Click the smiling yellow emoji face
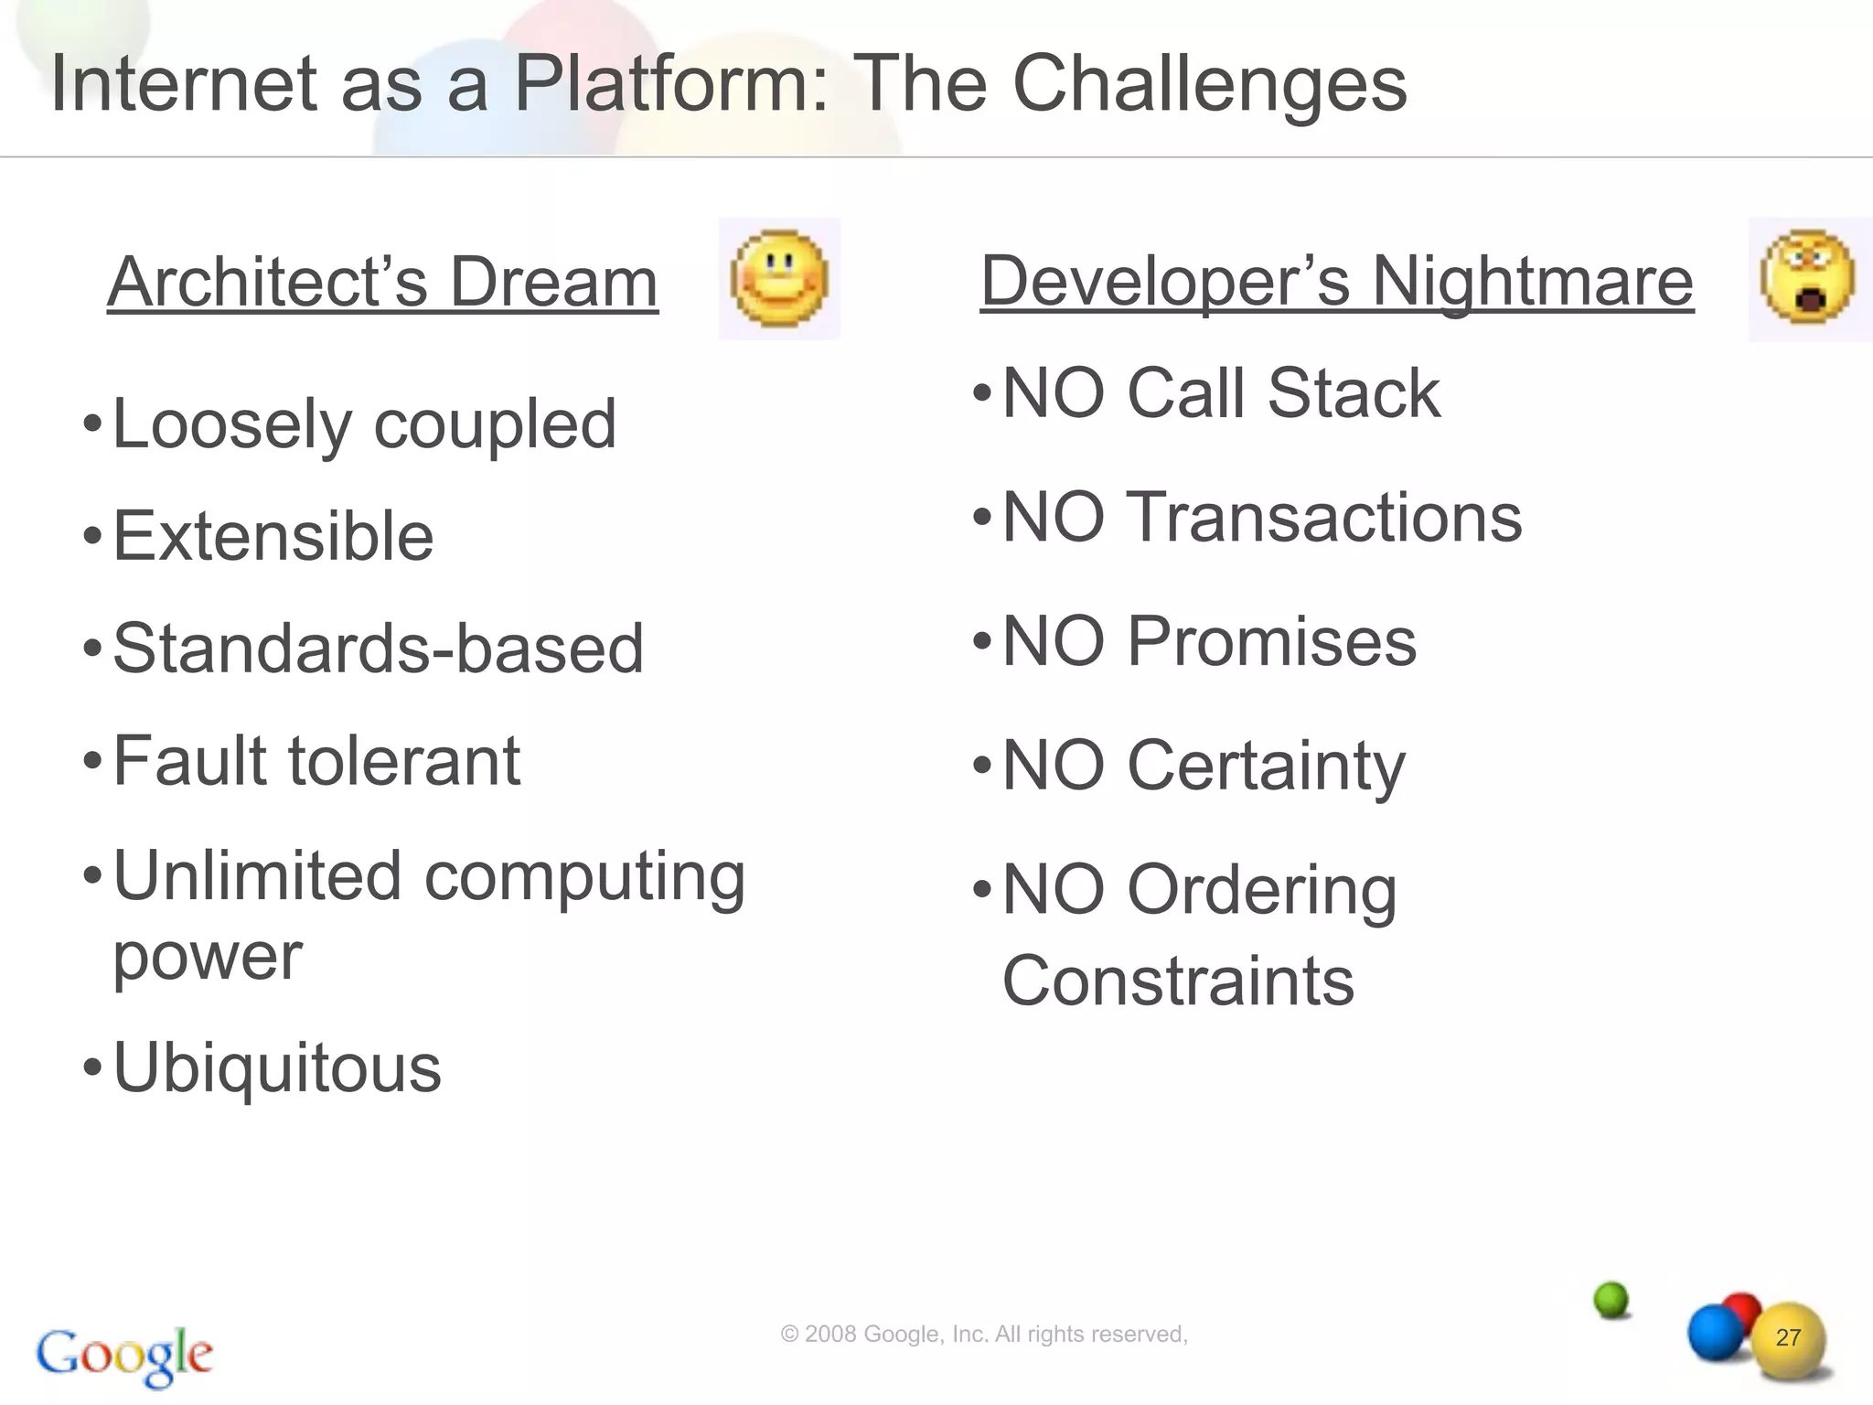779,279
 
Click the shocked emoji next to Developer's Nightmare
1808,277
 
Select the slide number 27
1788,1337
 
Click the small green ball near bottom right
1611,1299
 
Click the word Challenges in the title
1209,84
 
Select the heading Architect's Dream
382,282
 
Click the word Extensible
273,536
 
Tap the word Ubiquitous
276,1067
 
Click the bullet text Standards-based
378,649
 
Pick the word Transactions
1324,518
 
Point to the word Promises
1271,641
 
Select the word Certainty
1266,767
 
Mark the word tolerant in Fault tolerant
404,761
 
